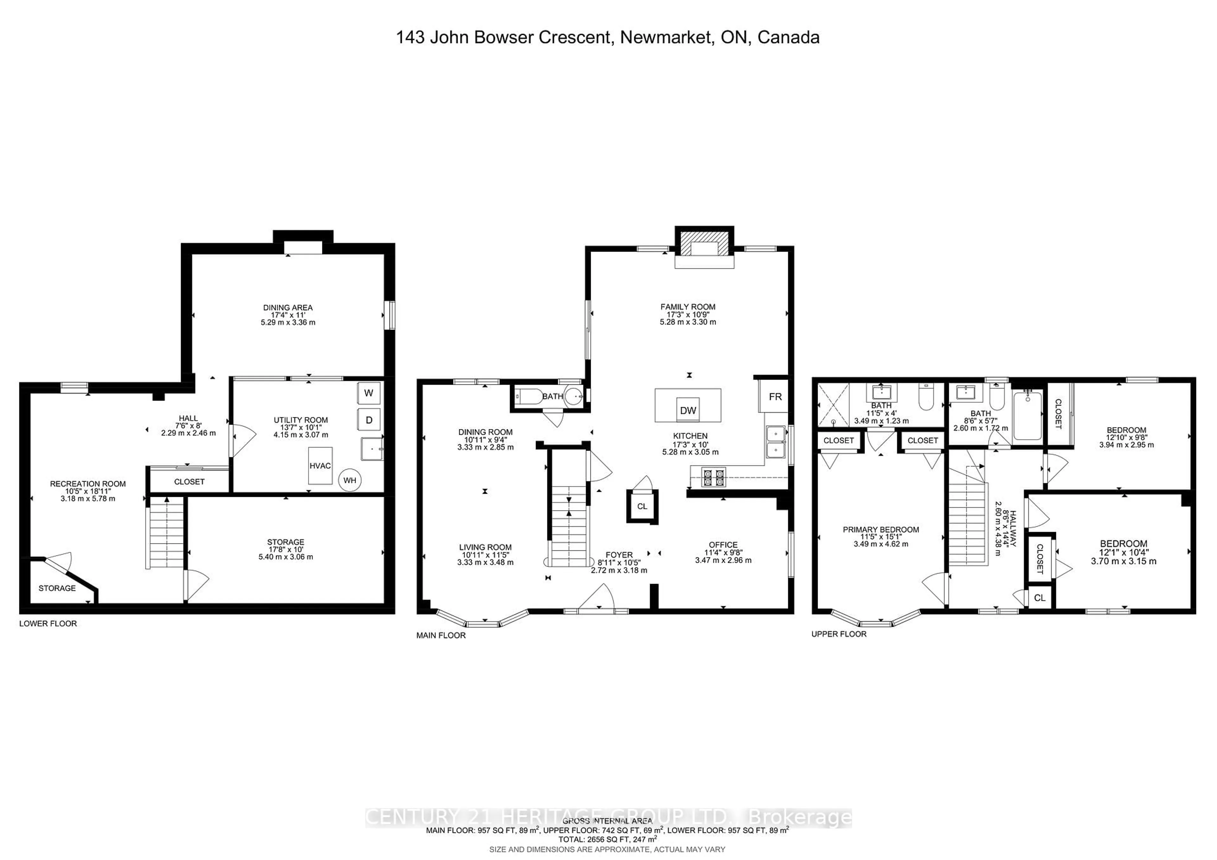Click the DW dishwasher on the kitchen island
(688, 410)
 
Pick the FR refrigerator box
(775, 396)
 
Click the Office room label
(723, 545)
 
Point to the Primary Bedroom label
(881, 529)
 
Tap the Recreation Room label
(88, 484)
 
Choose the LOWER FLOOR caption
(48, 624)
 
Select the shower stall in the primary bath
(833, 405)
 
